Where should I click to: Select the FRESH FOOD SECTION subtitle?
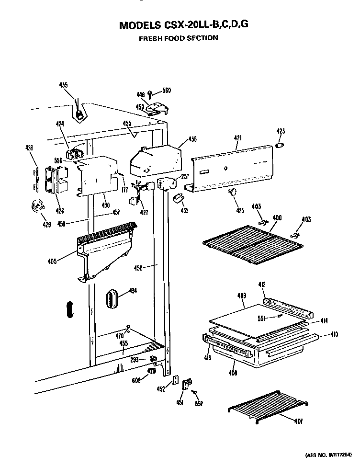[178, 38]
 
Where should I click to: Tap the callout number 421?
[238, 138]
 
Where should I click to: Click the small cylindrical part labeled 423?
[281, 145]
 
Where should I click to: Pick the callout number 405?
[52, 261]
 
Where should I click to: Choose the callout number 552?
[198, 404]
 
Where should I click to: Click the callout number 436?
[192, 139]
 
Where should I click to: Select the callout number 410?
[334, 335]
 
